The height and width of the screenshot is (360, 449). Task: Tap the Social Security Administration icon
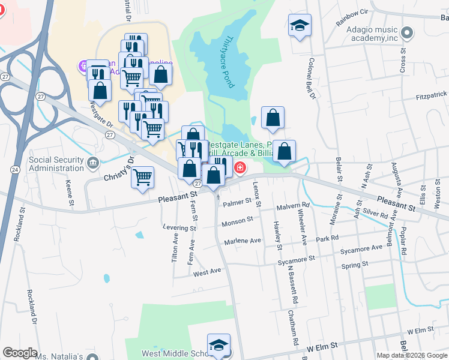[x=92, y=163]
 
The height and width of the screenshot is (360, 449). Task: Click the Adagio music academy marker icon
[x=408, y=31]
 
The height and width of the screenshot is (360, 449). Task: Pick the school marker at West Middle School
[x=218, y=345]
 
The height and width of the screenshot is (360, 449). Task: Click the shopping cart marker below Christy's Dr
[x=143, y=177]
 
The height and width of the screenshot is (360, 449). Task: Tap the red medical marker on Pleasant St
[x=240, y=167]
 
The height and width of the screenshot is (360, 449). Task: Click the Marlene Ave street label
[x=243, y=241]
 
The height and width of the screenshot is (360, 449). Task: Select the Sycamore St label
[x=297, y=260]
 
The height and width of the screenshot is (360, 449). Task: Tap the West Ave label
[x=207, y=272]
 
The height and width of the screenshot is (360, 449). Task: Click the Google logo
[x=20, y=353]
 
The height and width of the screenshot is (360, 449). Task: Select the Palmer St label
[x=235, y=203]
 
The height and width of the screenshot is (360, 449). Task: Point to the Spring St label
[x=354, y=265]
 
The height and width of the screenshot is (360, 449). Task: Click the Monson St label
[x=238, y=221]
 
